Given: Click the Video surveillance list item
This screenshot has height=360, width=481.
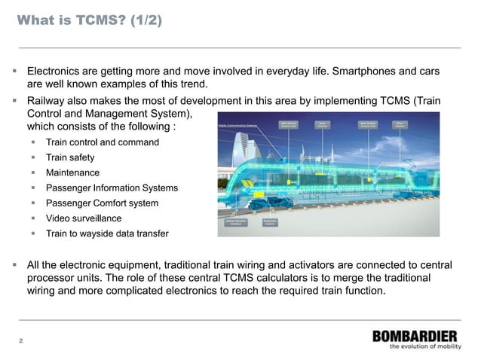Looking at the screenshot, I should coord(84,218).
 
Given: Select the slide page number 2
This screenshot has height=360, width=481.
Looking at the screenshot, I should coord(21,341).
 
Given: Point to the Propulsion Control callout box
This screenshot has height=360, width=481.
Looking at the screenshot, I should coord(269,222).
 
